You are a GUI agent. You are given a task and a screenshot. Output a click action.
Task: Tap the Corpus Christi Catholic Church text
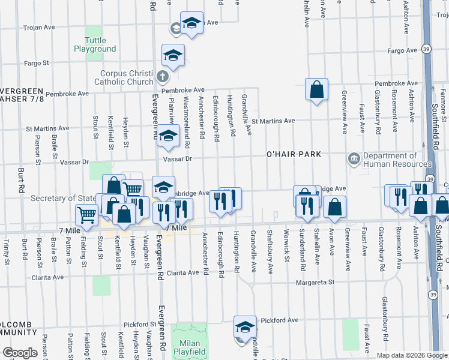127,78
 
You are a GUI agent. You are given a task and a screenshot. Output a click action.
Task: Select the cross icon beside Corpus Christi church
161,77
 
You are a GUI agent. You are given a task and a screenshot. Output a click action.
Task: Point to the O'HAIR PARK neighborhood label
294,155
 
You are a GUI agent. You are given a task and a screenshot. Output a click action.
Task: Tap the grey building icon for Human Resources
354,160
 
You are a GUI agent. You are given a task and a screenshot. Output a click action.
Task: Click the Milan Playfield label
190,347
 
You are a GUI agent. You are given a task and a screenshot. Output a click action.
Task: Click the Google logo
20,353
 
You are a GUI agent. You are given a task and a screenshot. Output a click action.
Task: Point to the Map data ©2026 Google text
411,355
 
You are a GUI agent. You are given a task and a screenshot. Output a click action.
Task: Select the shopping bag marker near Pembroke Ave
316,90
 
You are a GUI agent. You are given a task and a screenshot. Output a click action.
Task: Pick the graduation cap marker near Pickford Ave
245,328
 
